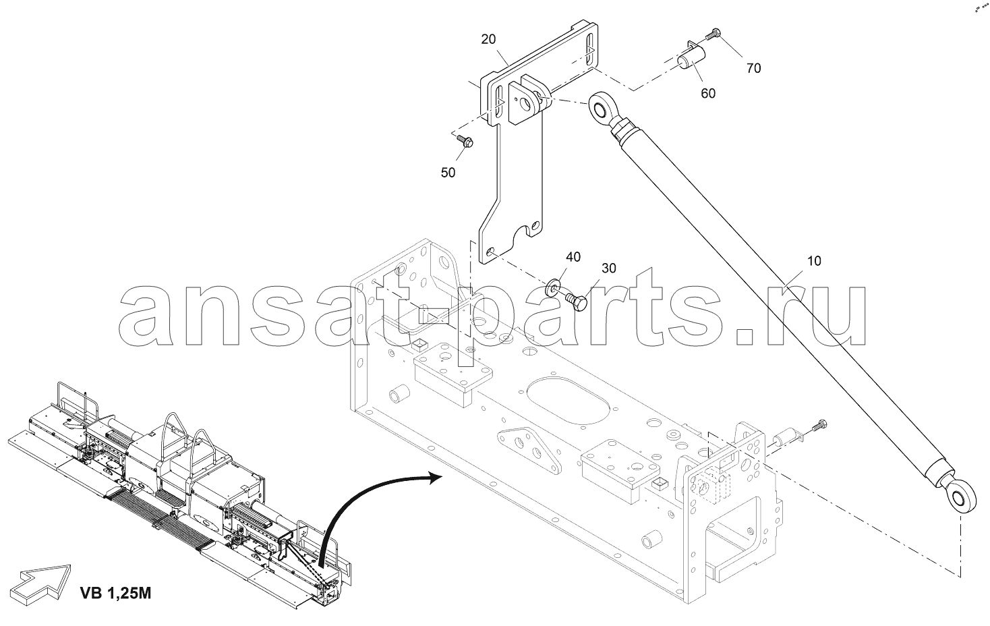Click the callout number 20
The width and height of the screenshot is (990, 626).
coord(488,39)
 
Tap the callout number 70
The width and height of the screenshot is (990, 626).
coord(754,68)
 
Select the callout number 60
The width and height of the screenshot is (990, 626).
coord(708,93)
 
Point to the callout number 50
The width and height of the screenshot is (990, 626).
coord(448,173)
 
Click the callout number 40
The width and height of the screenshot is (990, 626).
coord(573,257)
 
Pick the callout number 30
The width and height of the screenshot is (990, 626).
coord(609,268)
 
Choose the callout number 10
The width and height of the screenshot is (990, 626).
coord(814,261)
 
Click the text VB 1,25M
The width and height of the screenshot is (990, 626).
coord(115,593)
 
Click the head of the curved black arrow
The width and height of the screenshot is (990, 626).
coord(435,477)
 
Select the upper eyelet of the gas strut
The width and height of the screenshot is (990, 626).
coord(601,107)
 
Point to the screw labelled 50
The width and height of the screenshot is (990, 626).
coord(465,141)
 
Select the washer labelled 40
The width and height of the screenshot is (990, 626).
coord(552,287)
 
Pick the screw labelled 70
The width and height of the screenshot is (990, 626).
coord(714,34)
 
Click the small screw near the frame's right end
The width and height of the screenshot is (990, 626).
coord(819,426)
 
